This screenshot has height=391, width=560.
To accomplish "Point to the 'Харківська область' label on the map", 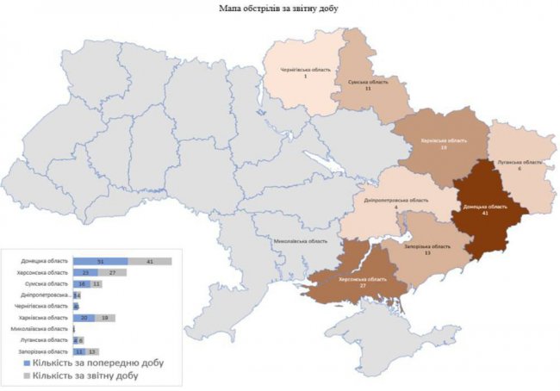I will [444, 140].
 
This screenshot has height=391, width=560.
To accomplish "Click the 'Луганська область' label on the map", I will [520, 162].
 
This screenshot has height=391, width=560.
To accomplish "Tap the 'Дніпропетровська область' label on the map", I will [395, 200].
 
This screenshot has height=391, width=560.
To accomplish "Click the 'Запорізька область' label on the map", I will [429, 246].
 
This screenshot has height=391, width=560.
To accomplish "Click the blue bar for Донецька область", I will [100, 261].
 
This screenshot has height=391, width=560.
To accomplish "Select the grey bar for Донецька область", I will [149, 261].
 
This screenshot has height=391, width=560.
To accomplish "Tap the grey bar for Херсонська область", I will [116, 272].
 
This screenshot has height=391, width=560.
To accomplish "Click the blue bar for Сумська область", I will [82, 283].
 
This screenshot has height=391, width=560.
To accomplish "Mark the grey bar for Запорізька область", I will [92, 351].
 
